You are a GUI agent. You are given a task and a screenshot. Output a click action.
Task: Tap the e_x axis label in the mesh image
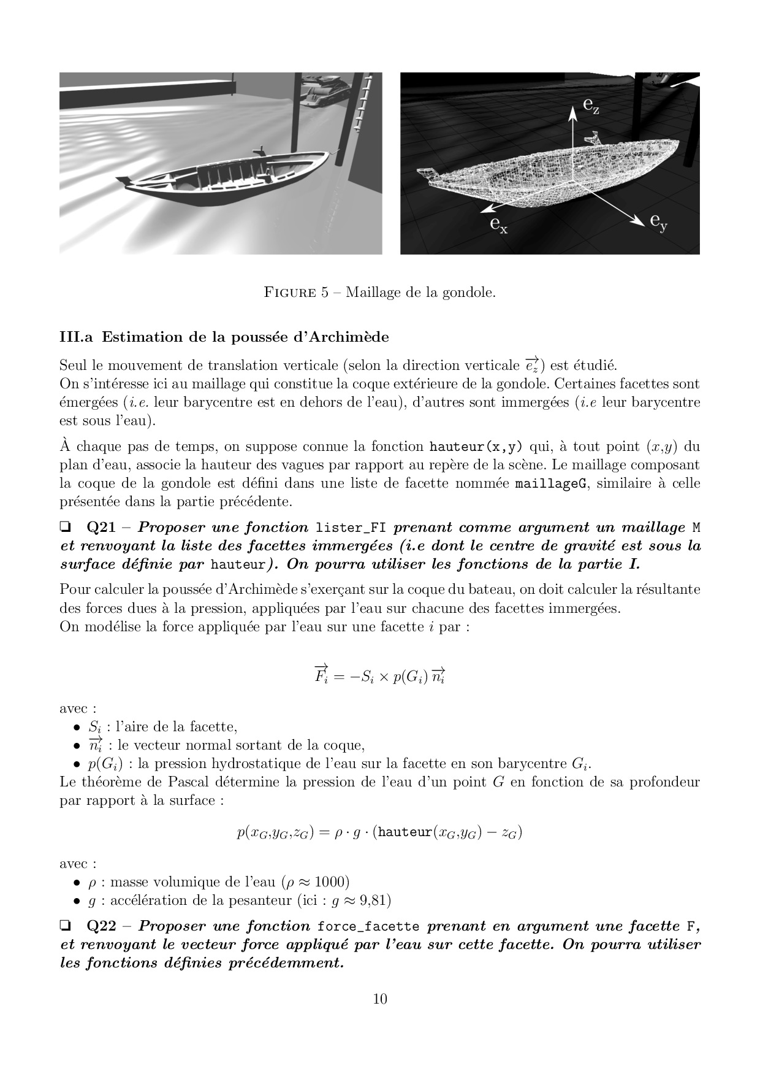[498, 225]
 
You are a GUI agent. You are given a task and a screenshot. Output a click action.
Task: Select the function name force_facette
[368, 926]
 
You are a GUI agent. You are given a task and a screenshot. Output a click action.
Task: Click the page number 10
[380, 999]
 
